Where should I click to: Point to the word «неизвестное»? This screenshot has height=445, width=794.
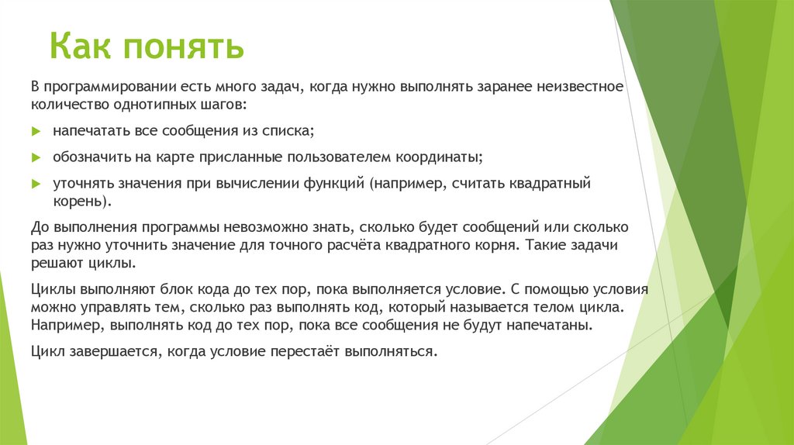[584, 86]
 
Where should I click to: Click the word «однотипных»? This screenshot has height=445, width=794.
[143, 104]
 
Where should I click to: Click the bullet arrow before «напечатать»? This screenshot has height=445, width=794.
[36, 131]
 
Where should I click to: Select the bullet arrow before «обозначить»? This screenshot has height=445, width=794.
[36, 157]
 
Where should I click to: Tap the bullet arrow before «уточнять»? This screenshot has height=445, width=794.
[36, 185]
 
